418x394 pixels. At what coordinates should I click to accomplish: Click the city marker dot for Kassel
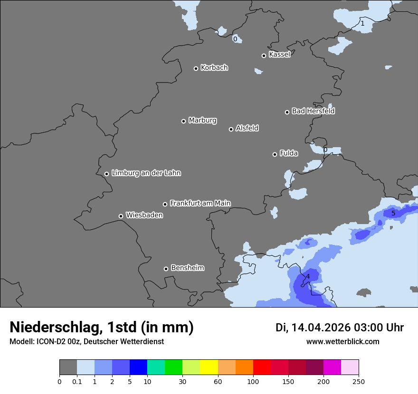tap(264, 56)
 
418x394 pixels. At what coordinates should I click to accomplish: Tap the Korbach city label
tap(214, 68)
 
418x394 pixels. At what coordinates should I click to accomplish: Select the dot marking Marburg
tap(183, 121)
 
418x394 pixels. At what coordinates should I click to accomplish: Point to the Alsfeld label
tap(247, 128)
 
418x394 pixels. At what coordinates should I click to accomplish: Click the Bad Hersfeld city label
tap(313, 111)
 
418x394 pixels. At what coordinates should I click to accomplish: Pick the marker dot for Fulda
tap(275, 154)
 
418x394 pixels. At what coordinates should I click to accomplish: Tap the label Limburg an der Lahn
tap(146, 173)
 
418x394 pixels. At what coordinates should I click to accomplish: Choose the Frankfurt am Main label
tap(200, 203)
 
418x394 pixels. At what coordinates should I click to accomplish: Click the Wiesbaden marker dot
tap(121, 216)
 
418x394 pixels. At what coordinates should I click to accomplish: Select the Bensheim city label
tap(187, 268)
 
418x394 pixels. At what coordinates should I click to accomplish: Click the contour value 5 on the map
tap(393, 213)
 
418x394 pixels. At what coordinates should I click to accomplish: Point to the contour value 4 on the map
tap(308, 276)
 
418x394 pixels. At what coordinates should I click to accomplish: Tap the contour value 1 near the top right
tap(362, 23)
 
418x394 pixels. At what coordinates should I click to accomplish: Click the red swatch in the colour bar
tap(262, 367)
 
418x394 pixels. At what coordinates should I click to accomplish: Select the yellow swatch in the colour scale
tap(209, 367)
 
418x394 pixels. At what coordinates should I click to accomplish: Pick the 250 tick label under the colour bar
tap(359, 381)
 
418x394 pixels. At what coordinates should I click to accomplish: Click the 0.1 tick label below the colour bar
tap(77, 381)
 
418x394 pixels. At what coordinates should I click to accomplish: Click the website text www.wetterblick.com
tap(342, 341)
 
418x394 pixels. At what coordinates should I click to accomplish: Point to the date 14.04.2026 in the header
tap(321, 328)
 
